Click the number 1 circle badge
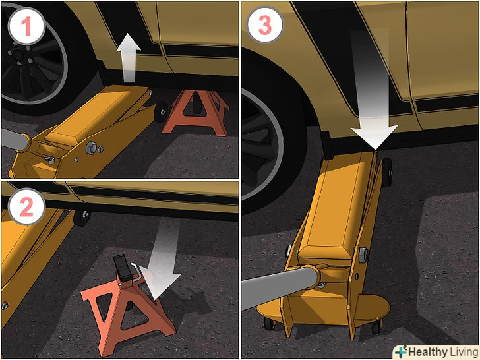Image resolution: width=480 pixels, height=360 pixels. [27, 26]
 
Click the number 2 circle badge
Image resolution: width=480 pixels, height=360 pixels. [27, 206]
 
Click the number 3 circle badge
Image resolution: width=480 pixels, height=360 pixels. [265, 24]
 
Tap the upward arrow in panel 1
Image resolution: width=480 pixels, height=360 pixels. [129, 58]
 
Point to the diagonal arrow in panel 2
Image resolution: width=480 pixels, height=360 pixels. [162, 260]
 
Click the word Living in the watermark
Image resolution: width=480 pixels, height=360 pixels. [464, 352]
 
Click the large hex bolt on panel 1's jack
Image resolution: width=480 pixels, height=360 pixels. [92, 148]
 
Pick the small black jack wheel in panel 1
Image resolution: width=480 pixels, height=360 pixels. [161, 111]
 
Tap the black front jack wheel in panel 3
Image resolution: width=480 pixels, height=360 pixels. [387, 172]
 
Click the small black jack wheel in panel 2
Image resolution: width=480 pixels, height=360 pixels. [82, 218]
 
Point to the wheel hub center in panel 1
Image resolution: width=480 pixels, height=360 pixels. [17, 55]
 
